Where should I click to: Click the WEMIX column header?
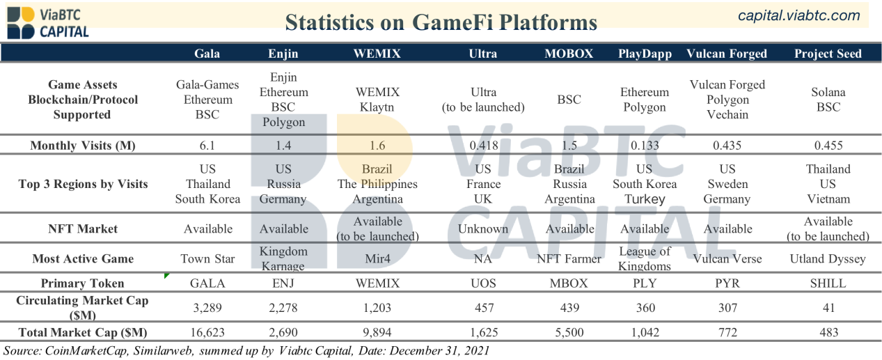[x=377, y=54]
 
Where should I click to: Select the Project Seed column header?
[x=828, y=54]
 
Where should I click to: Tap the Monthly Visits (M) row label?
[x=83, y=146]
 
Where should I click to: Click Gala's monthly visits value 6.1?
[x=207, y=146]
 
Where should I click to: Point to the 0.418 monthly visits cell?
[x=484, y=146]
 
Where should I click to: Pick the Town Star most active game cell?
[x=207, y=259]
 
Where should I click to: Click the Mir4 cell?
[x=377, y=259]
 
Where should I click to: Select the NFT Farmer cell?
[x=569, y=259]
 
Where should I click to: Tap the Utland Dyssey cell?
[x=828, y=259]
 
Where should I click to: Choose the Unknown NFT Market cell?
[x=482, y=229]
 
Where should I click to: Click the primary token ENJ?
[x=283, y=283]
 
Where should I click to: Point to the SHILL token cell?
[x=828, y=283]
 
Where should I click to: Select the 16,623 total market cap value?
[x=207, y=332]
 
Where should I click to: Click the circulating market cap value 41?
[x=828, y=308]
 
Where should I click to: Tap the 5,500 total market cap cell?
[x=569, y=332]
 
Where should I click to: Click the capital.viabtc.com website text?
[x=799, y=16]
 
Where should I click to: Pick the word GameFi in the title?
[x=452, y=22]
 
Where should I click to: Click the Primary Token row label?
[x=82, y=283]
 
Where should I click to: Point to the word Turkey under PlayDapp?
[x=645, y=199]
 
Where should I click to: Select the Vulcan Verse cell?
[x=727, y=259]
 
